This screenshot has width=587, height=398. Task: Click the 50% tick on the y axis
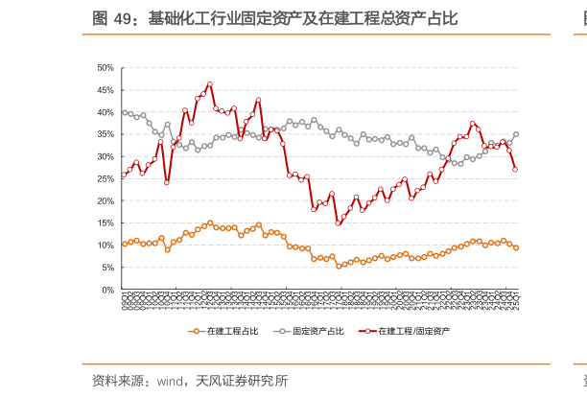click(x=106, y=68)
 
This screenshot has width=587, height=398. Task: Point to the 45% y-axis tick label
click(x=106, y=90)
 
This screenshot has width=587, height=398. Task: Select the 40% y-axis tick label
click(x=106, y=112)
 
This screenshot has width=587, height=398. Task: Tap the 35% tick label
click(x=106, y=134)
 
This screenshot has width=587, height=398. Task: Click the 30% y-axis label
click(x=106, y=156)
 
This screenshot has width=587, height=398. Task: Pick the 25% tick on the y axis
click(x=106, y=179)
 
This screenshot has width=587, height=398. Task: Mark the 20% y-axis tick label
click(x=106, y=201)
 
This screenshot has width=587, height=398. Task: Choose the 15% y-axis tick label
click(x=106, y=223)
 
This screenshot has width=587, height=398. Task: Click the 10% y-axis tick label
click(x=106, y=246)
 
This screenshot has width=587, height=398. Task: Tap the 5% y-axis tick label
click(x=107, y=268)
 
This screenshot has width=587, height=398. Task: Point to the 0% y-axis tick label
click(x=107, y=290)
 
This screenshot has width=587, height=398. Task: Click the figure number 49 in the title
click(x=126, y=18)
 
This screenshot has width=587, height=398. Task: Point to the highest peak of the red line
click(x=209, y=84)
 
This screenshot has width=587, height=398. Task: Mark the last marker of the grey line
click(x=516, y=134)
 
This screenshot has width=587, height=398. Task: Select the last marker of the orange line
click(x=516, y=247)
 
